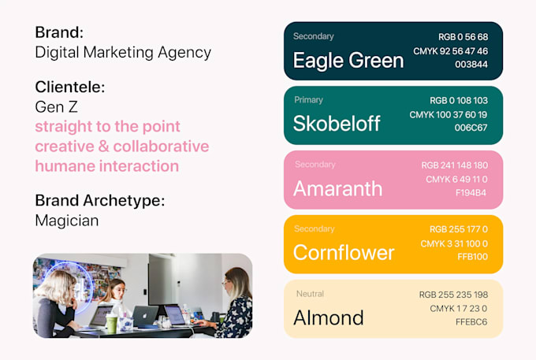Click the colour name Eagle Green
point(348,61)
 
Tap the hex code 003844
point(471,65)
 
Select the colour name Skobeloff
point(337,124)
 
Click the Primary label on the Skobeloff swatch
point(308,100)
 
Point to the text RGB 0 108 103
point(459,100)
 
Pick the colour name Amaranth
point(337,188)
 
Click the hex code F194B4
point(471,193)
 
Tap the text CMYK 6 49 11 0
point(456,180)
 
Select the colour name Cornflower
point(344,252)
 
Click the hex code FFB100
point(472,257)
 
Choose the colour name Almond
point(329,317)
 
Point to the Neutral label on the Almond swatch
point(310,294)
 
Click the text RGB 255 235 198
point(453,295)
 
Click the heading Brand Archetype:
point(100,201)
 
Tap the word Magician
point(67,221)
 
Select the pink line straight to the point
point(107,126)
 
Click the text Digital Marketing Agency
point(123,53)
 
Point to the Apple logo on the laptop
point(145,316)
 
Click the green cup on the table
point(112,324)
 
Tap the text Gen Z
point(57,107)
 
